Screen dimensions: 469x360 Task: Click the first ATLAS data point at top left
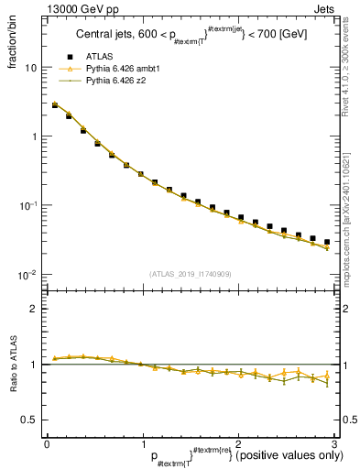55,105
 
